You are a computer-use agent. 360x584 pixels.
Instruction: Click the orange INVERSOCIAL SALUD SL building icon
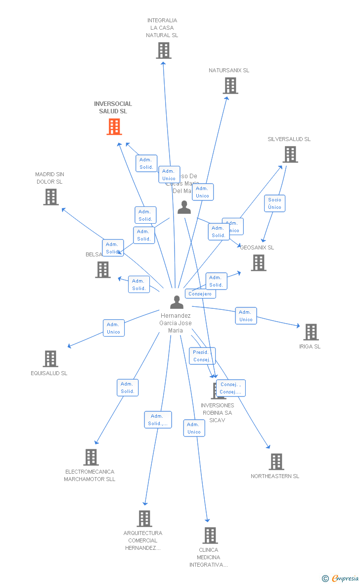click(114, 127)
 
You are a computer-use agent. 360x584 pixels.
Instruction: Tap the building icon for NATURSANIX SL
click(230, 86)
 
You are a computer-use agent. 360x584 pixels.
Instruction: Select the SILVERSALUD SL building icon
click(290, 154)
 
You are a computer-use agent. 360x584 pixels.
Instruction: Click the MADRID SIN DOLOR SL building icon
click(50, 197)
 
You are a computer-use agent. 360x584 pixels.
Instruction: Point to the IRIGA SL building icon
click(311, 332)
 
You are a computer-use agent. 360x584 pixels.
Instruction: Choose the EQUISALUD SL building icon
click(50, 359)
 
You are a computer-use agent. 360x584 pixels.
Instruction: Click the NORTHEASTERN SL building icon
click(276, 462)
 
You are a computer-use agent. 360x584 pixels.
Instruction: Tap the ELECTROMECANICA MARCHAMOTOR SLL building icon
click(91, 457)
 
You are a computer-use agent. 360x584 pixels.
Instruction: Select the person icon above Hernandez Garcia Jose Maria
click(177, 302)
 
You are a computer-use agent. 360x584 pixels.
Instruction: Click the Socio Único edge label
click(274, 203)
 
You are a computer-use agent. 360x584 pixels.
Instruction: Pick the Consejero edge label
click(200, 293)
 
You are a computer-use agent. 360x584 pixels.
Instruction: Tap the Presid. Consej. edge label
click(202, 356)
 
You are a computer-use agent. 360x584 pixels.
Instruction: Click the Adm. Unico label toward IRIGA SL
click(246, 316)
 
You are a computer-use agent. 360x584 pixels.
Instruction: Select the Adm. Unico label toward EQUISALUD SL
click(114, 328)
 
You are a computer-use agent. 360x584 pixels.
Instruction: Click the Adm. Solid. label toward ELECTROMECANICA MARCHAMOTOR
click(128, 388)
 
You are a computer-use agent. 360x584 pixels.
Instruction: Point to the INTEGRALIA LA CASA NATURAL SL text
click(162, 28)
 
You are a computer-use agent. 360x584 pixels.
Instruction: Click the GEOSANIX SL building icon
click(258, 263)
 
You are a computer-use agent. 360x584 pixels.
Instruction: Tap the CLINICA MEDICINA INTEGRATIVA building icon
click(210, 535)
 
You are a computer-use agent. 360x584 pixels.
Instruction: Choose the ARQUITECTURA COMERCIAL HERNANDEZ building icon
click(144, 519)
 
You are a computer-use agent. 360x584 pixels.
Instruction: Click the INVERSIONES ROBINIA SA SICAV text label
click(217, 413)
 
